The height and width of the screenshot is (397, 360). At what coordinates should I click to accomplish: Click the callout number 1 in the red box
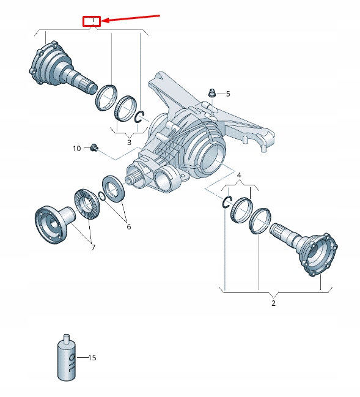92,21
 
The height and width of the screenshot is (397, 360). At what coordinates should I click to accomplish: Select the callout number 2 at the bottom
273,303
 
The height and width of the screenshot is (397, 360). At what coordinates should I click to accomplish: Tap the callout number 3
129,142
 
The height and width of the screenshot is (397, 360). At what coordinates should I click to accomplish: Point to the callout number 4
239,175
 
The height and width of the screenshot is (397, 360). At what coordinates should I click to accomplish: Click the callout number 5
228,94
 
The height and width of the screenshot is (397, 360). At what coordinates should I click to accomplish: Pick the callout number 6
129,226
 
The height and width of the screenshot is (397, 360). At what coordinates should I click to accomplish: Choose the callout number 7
93,247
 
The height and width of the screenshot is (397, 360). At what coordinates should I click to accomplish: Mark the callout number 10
76,148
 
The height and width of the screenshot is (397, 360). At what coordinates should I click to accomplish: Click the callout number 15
92,357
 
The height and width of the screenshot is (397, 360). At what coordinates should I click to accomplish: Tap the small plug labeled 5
212,93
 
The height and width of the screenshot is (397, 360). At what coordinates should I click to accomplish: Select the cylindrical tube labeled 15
67,357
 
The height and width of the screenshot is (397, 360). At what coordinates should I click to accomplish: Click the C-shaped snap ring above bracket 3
139,116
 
